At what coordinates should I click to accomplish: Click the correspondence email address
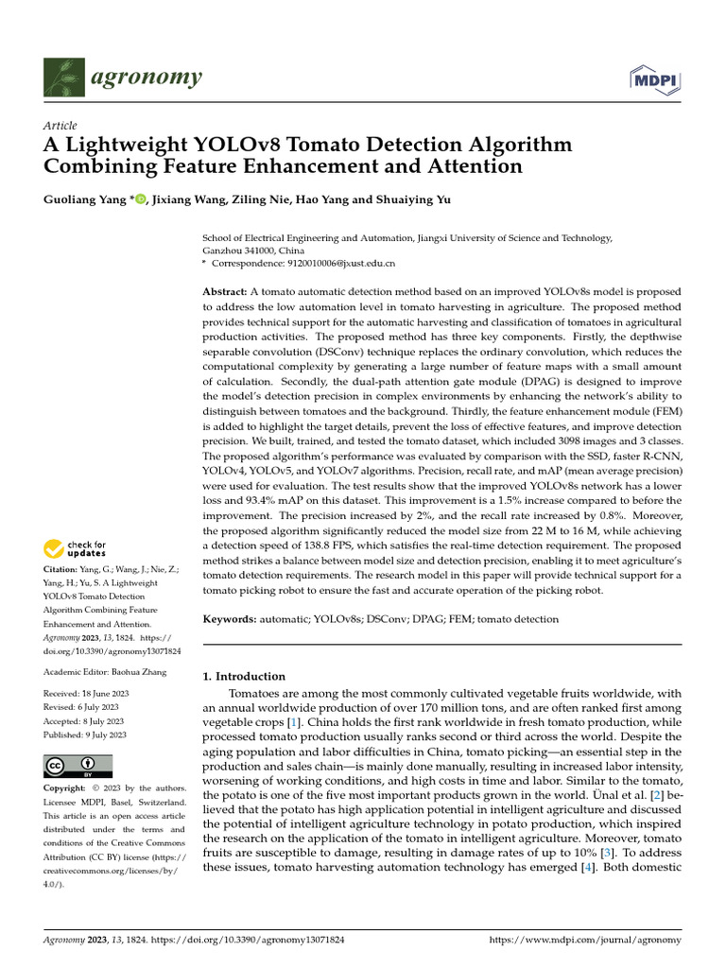337,263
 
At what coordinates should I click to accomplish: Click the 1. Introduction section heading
245,676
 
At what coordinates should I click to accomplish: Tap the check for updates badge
75,548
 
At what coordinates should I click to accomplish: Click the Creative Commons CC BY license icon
78,765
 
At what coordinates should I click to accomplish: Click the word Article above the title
60,125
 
